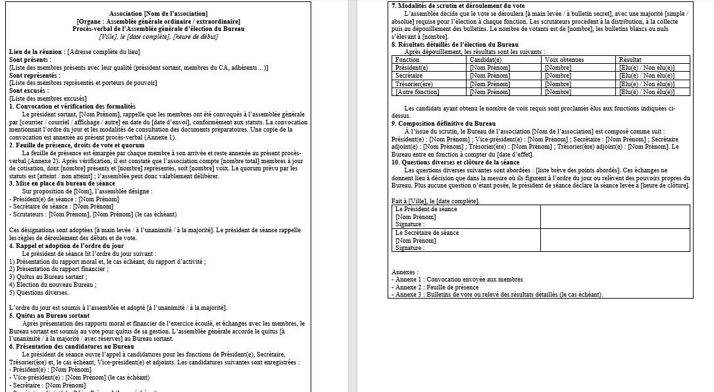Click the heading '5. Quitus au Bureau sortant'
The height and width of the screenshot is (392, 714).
click(x=49, y=316)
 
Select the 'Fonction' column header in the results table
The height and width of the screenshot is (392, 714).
click(x=407, y=60)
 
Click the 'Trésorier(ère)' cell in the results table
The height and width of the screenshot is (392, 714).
click(x=414, y=84)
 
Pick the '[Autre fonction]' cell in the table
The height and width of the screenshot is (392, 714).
click(x=417, y=92)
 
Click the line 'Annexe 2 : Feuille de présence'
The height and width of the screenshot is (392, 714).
click(x=435, y=287)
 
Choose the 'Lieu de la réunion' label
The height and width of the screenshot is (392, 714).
click(x=37, y=51)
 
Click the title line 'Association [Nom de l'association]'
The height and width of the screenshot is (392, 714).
click(x=159, y=14)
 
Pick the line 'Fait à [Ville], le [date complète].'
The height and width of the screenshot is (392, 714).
click(x=435, y=201)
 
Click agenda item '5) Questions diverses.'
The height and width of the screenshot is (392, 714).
click(x=39, y=293)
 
